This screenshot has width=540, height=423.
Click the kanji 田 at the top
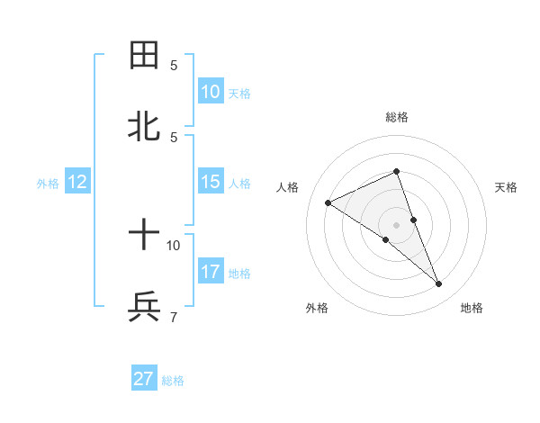tap(144, 56)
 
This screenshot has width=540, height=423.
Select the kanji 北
tap(144, 127)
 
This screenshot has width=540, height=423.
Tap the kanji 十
tap(144, 236)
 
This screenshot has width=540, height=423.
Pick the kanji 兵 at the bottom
tap(144, 307)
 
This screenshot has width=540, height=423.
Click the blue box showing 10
tap(210, 91)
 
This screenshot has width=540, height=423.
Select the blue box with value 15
tap(210, 182)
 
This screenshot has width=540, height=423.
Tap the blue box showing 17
tap(210, 271)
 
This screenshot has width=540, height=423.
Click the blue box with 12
tap(76, 182)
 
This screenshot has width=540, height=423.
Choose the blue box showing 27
tap(144, 379)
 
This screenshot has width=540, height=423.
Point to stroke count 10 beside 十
tap(174, 244)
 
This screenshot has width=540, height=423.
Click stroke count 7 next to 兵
tap(174, 316)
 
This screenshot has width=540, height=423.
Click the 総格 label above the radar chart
tap(397, 117)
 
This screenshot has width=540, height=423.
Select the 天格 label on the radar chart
tap(506, 187)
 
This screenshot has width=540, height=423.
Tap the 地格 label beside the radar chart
tap(472, 308)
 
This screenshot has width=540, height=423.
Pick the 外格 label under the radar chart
tap(317, 308)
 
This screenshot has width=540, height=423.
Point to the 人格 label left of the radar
tap(287, 187)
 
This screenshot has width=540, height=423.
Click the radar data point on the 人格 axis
tap(328, 202)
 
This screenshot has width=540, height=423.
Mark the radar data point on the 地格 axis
tap(439, 284)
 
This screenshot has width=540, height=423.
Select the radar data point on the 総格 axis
tap(397, 171)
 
